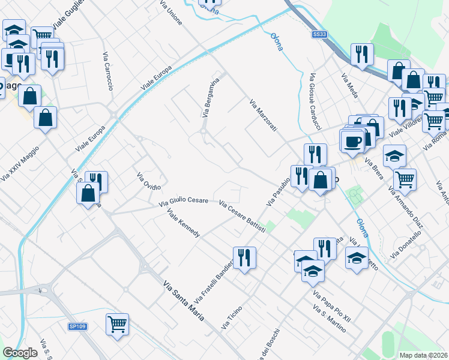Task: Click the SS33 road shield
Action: coord(319,35)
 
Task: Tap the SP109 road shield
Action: coord(77,326)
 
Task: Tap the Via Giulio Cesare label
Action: coord(183,202)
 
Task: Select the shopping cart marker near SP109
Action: coord(117,325)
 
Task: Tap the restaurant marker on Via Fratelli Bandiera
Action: coord(244,258)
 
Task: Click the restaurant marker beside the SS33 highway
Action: coord(361,54)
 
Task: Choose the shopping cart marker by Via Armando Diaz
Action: coord(405,178)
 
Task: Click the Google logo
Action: coord(20,353)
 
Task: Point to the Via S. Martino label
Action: coord(330,317)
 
